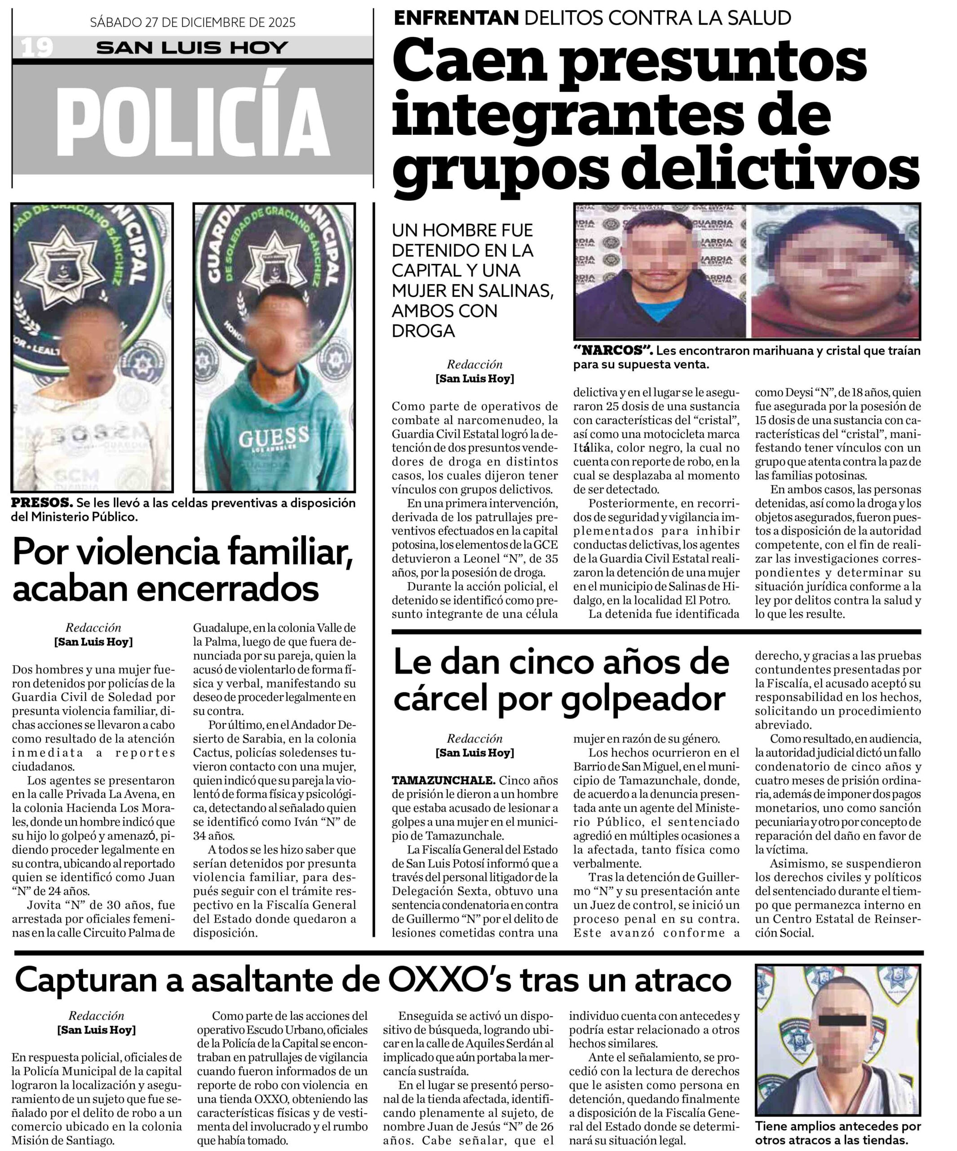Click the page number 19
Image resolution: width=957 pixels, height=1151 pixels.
[x=37, y=48]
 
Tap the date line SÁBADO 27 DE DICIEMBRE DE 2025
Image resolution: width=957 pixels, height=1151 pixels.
[x=192, y=22]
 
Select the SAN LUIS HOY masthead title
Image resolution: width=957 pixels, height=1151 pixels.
[x=192, y=48]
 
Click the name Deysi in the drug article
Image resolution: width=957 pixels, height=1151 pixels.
[x=785, y=393]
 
